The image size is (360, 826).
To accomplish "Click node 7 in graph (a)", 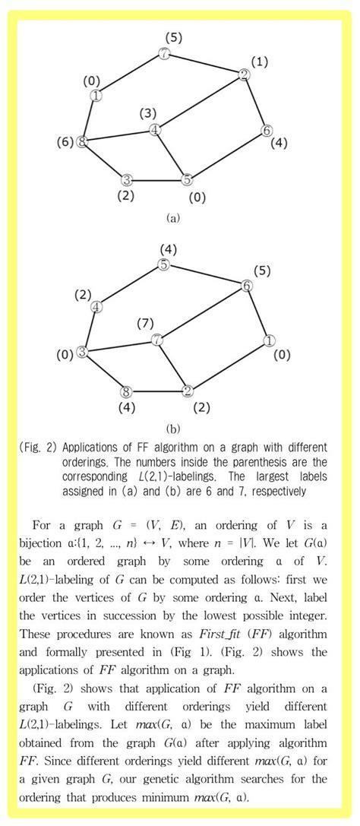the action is [x=164, y=53].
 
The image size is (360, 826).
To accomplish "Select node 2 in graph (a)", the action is [x=244, y=74].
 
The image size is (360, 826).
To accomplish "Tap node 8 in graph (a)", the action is [x=83, y=141].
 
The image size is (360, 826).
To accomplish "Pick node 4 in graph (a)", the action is [x=155, y=130].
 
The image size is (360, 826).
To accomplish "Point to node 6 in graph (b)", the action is [x=247, y=286].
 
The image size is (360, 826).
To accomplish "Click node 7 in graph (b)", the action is [x=156, y=340].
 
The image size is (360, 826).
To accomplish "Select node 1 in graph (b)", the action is [x=269, y=340].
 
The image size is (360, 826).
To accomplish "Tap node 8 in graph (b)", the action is [x=127, y=392].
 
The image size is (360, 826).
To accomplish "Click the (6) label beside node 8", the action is [x=65, y=142].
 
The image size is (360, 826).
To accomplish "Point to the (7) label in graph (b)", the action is [x=145, y=324].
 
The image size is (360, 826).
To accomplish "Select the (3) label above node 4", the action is [x=148, y=113].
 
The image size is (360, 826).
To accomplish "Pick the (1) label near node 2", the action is [x=260, y=62].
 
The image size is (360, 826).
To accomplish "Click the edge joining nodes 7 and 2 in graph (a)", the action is [x=204, y=64].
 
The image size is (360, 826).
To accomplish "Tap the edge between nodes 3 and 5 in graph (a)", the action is [x=156, y=180].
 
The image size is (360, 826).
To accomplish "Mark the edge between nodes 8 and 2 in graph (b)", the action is [x=156, y=392].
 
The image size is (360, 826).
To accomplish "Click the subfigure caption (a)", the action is [x=172, y=217].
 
